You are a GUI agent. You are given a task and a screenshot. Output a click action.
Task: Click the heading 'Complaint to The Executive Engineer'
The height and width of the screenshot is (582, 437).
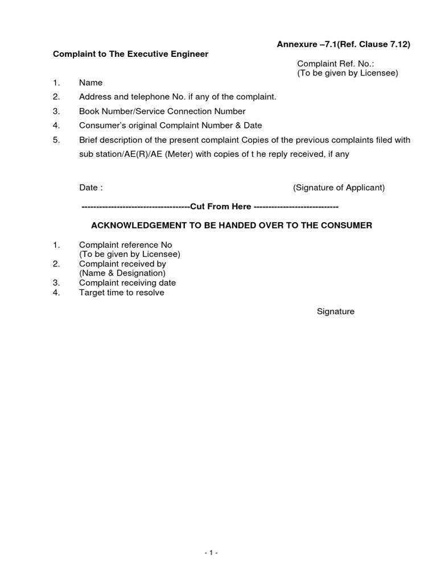coord(130,54)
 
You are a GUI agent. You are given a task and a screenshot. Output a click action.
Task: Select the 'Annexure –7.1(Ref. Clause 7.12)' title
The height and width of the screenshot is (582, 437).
coord(344,44)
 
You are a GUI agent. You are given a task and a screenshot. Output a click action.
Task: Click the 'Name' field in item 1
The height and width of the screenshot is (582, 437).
coord(90,83)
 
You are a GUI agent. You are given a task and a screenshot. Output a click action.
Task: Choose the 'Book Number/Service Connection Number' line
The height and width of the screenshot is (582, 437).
coord(162,111)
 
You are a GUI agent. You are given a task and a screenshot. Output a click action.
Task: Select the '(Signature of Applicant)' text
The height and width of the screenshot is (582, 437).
coord(339,188)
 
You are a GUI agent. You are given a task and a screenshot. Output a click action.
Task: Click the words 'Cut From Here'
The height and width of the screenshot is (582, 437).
coord(220,206)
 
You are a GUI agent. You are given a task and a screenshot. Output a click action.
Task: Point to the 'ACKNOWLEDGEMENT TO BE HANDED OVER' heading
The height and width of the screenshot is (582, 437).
coord(232,226)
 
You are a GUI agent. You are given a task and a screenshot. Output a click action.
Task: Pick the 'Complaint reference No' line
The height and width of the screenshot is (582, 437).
coord(125,245)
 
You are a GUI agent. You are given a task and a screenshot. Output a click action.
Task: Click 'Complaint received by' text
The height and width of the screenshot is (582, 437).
coord(122,264)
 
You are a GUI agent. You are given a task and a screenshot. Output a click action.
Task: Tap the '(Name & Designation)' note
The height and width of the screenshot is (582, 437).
coord(122,273)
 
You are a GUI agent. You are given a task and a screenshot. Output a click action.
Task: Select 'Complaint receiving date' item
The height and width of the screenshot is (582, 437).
coord(127,283)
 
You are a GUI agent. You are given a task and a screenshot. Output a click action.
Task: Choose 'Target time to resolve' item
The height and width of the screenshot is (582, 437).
coord(122,293)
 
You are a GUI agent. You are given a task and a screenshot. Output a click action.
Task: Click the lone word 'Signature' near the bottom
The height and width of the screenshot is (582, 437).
coord(336,311)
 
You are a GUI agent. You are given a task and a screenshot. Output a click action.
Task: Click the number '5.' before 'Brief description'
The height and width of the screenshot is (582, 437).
coord(56,140)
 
